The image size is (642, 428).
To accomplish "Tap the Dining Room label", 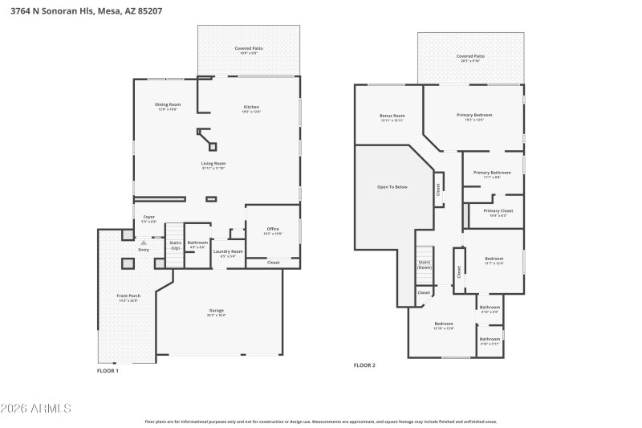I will click(168, 106).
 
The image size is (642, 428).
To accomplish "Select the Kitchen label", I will click(251, 108).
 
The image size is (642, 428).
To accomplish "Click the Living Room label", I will click(213, 165).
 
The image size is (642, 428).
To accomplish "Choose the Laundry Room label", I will click(227, 253).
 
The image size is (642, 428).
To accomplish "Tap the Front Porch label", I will click(128, 297).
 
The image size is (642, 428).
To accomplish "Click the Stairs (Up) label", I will click(175, 245).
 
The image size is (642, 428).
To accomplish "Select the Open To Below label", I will click(392, 186).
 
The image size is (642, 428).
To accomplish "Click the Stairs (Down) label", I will click(425, 264).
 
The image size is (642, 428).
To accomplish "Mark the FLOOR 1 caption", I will click(108, 371).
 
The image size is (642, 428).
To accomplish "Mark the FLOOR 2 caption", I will click(364, 365).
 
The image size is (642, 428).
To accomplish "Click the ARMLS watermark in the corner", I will click(36, 409).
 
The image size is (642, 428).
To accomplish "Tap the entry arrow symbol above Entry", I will click(144, 242).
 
